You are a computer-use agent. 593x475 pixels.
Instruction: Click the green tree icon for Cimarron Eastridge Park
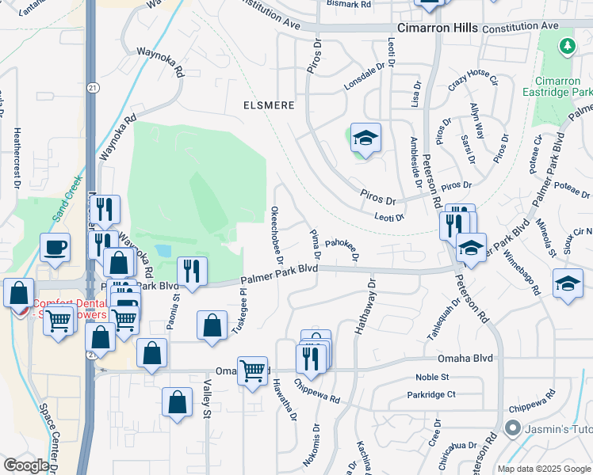pos(567,47)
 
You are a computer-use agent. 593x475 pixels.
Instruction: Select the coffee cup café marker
pos(55,247)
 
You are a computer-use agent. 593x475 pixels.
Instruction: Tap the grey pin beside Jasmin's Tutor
pos(511,430)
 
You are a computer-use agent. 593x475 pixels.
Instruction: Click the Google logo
pos(25,465)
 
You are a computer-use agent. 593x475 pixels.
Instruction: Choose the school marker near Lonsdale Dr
pos(365,139)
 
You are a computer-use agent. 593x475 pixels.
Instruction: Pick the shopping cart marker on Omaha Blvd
pos(252,368)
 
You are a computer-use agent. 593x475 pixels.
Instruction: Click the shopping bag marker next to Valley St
pos(177,401)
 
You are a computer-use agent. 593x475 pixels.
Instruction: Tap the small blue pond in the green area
pos(163,250)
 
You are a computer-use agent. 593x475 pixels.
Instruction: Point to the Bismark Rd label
pos(349,5)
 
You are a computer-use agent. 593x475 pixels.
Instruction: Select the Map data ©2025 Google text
pos(542,469)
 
